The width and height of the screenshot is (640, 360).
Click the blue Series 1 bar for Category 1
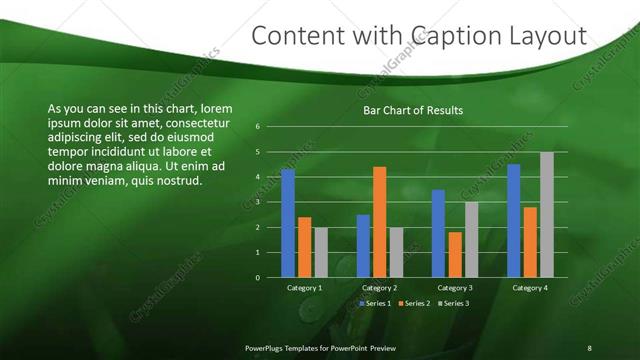click(x=288, y=223)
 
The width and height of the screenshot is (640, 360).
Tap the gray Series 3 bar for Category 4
click(x=546, y=215)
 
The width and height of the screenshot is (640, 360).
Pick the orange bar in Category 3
click(x=455, y=254)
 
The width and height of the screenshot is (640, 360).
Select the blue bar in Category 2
click(x=363, y=246)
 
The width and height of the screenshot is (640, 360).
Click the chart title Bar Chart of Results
click(x=412, y=111)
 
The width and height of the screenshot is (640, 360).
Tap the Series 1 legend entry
click(x=377, y=303)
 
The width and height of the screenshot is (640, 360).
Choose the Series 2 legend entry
click(x=414, y=303)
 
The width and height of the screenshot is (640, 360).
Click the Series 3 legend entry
click(x=452, y=303)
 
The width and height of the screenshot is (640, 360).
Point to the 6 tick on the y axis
click(x=258, y=127)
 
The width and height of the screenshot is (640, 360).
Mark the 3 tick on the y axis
click(x=258, y=202)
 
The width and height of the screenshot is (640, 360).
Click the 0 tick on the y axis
click(x=258, y=277)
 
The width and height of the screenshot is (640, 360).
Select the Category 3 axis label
click(x=454, y=288)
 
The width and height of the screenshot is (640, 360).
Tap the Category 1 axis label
click(x=304, y=288)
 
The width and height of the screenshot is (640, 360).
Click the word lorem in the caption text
click(x=217, y=108)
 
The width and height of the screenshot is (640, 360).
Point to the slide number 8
click(x=589, y=347)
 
